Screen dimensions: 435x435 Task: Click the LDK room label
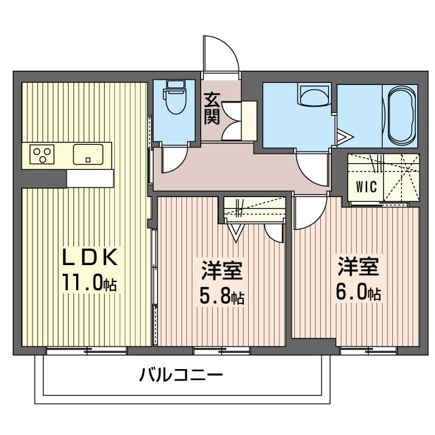pyautogui.click(x=91, y=257)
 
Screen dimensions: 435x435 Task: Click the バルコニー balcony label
pyautogui.click(x=181, y=375)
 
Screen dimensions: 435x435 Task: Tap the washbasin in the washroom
pyautogui.click(x=313, y=96)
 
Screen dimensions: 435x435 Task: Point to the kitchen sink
pyautogui.click(x=88, y=155)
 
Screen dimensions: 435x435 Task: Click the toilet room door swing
pyautogui.click(x=173, y=159)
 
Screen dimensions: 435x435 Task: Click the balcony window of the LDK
pyautogui.click(x=86, y=351)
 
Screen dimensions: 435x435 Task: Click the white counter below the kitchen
pyautogui.click(x=90, y=177)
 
